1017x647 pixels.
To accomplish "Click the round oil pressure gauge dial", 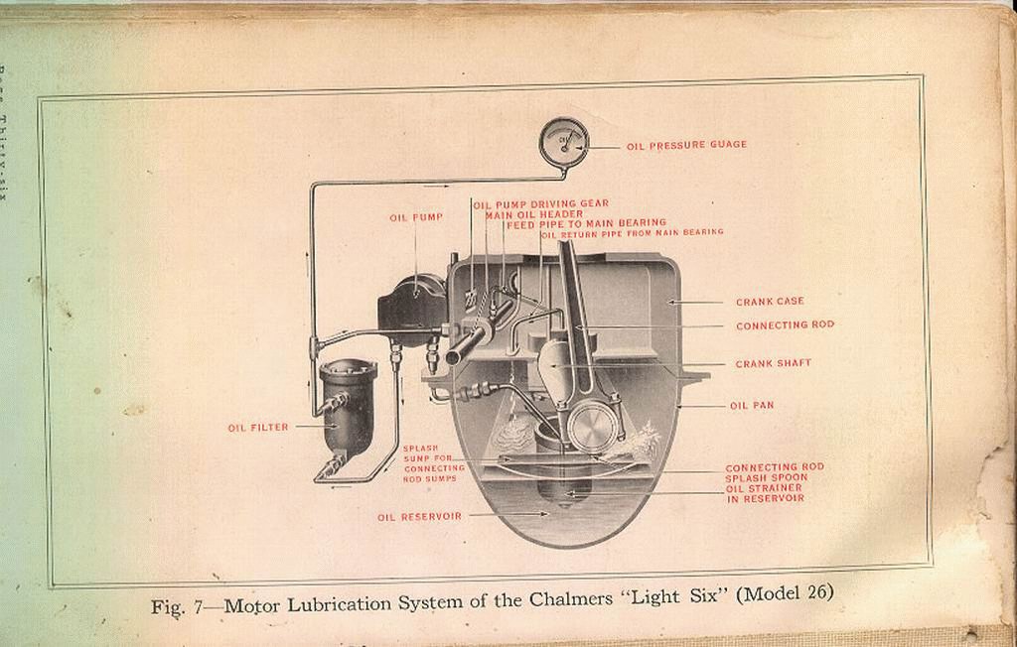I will (x=564, y=142).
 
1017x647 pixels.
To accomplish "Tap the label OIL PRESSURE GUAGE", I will (x=686, y=145).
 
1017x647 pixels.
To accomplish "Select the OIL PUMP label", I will (x=416, y=216).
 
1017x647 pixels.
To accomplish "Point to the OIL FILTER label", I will (x=258, y=428).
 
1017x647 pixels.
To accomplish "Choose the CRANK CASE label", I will (x=770, y=302).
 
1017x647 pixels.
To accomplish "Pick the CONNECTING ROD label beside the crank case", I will (x=785, y=325).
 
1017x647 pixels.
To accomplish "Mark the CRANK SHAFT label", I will (x=773, y=364).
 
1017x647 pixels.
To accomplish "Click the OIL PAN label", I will (x=752, y=406).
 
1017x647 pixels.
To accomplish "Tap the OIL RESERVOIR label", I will (x=419, y=516).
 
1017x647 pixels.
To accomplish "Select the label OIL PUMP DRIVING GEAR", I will (x=541, y=204).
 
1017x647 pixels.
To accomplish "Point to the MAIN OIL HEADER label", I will (x=534, y=214).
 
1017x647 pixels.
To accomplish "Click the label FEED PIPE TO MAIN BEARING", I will (x=586, y=224).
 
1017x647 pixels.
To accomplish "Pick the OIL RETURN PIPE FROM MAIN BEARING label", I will (x=632, y=233).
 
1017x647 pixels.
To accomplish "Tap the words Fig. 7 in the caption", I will (x=176, y=607).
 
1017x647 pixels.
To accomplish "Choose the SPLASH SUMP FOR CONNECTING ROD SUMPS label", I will (x=434, y=463).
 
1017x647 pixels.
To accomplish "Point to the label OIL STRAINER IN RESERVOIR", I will (x=765, y=493).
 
